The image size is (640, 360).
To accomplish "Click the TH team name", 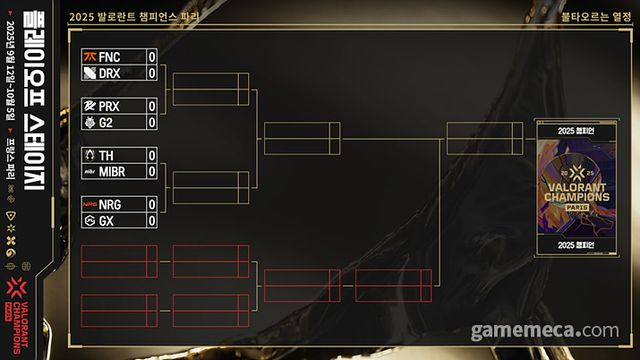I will tap(108, 155).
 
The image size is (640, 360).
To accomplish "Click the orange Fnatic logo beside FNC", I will tap(90, 57).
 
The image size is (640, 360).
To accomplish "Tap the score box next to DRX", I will tap(152, 73).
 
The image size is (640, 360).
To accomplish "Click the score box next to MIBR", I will tap(152, 171).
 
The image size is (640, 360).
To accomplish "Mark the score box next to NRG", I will tap(152, 204).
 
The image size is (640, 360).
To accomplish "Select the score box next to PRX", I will tap(152, 106).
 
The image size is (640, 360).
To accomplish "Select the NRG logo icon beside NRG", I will tap(90, 204).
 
